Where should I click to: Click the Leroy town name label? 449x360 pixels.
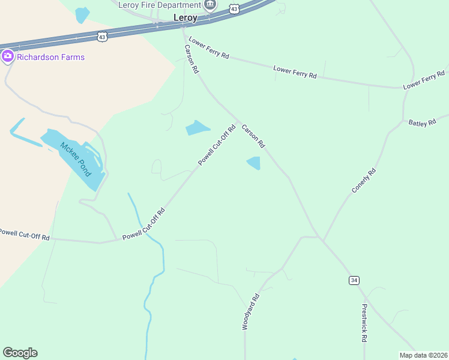pos(185,18)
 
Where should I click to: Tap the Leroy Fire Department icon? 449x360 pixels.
pos(209,6)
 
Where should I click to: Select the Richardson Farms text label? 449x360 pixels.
pos(50,57)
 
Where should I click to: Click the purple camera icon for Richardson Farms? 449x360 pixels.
pos(8,57)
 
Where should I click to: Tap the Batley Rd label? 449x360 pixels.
pos(422,122)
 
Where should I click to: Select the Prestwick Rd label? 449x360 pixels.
pos(364,322)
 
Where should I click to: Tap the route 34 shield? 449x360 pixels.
pos(354,280)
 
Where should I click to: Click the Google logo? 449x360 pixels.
pos(20,353)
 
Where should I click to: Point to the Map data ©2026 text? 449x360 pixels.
pos(423,355)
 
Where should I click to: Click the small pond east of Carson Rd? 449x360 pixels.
pos(254,163)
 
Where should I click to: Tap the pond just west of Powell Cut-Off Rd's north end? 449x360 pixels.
pos(197,128)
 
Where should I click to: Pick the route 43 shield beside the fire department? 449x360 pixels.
pos(234,8)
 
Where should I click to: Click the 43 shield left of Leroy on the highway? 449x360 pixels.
pos(103,37)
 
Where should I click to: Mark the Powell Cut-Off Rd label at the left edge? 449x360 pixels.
pos(25,234)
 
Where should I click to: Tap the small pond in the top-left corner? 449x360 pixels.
pos(82,14)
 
